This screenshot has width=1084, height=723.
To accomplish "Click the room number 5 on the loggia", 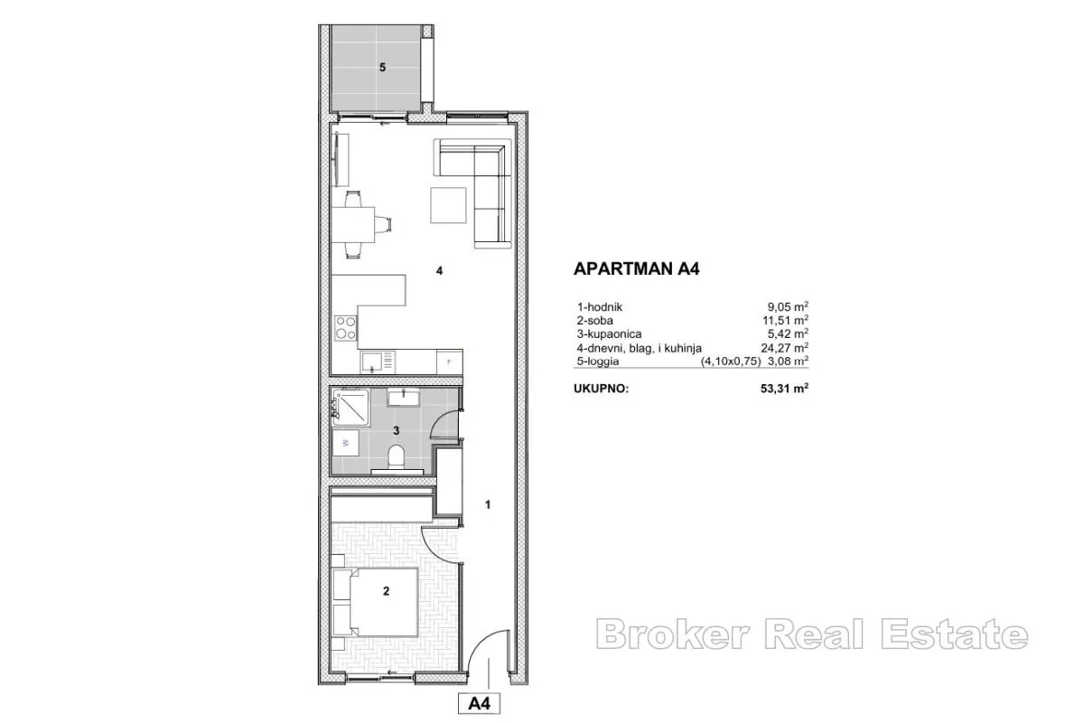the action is [382, 68].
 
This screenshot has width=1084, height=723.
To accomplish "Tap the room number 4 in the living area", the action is [439, 271].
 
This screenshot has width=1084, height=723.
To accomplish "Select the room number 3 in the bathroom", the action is [397, 430].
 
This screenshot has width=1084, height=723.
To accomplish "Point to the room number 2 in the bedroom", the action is [387, 591].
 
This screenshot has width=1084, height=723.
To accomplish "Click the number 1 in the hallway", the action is [488, 504].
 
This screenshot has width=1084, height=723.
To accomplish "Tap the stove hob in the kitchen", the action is [345, 327].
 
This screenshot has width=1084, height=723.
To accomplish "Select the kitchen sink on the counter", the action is [378, 362].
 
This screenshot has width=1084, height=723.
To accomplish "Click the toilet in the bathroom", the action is [397, 456].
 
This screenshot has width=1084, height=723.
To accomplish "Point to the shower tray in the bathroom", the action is [350, 408].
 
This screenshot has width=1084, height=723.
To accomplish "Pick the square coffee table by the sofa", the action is [448, 205].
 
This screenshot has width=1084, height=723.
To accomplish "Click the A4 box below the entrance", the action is [479, 704].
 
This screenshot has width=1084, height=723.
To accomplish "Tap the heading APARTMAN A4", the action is [636, 268].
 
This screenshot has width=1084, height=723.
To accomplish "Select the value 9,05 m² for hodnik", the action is [788, 306].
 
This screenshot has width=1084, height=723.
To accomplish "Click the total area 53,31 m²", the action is [784, 389].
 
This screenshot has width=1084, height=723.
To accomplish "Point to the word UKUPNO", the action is [601, 389].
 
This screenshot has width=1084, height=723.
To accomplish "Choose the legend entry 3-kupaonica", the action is [609, 334].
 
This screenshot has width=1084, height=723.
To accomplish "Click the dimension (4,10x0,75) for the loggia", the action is [731, 361].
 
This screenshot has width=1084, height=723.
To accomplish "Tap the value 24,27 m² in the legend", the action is [784, 347].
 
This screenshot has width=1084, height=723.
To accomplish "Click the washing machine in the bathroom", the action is [345, 443].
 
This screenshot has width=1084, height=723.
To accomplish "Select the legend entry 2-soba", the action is [594, 321].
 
